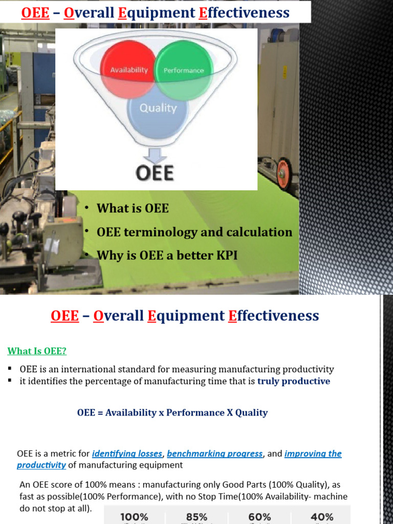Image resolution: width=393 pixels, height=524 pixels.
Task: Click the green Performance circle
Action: click(183, 70)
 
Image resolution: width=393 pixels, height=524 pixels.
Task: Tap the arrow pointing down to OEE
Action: click(155, 154)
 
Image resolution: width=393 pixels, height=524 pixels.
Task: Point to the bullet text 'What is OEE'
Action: click(133, 208)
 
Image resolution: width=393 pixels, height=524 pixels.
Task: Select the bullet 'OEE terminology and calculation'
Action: click(194, 232)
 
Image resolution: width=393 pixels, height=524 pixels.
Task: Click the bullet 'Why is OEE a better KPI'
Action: click(167, 255)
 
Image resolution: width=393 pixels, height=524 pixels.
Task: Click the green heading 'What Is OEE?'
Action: click(37, 351)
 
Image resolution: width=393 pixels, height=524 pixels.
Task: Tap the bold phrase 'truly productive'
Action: click(294, 381)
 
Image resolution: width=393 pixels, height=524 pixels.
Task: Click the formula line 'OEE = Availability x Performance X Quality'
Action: click(172, 412)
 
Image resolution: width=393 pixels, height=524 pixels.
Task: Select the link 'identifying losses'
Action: click(127, 454)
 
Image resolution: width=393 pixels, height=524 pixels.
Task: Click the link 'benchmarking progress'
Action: click(215, 454)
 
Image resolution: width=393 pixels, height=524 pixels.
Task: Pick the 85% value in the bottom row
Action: click(196, 517)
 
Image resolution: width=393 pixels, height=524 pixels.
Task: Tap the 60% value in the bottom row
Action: click(260, 517)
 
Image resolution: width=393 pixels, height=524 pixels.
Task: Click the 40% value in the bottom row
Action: click(322, 517)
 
